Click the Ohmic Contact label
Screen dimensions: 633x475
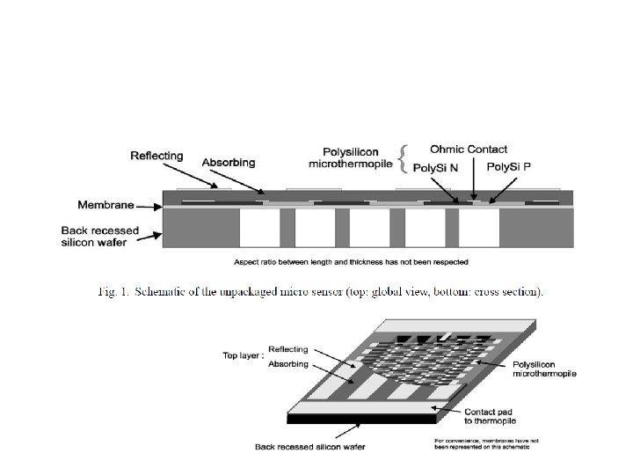[468, 150]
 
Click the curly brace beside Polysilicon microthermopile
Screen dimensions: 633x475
[402, 159]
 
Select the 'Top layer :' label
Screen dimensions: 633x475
[242, 355]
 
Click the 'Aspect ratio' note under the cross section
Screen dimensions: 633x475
[351, 261]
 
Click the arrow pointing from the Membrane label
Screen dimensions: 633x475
[149, 208]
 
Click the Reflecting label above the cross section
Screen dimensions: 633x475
[156, 156]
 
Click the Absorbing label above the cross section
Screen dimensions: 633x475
[229, 163]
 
